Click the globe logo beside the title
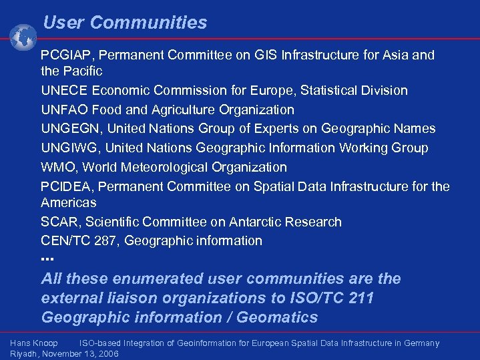coord(23,37)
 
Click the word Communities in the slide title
coord(148,23)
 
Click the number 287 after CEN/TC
coord(104,240)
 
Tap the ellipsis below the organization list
coord(47,258)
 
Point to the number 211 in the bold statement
coord(361,298)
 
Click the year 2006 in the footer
coord(107,353)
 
